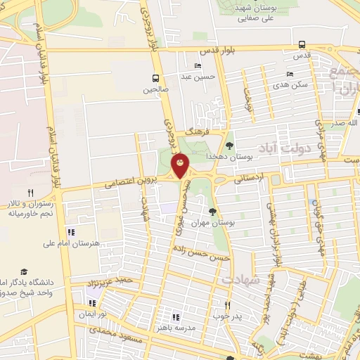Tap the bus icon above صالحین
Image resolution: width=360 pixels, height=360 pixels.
coord(155,78)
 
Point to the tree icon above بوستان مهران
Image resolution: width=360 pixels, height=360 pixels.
coord(212,211)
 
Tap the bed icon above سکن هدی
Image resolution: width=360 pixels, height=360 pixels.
coord(290,74)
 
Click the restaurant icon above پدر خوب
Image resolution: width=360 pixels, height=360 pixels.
coord(227,305)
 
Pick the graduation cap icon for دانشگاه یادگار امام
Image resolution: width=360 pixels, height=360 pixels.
coord(24,271)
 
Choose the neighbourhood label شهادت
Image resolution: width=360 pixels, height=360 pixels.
coord(242,279)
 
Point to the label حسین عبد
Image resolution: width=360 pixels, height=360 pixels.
coord(196,77)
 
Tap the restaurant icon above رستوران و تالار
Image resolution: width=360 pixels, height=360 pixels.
coord(30,192)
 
